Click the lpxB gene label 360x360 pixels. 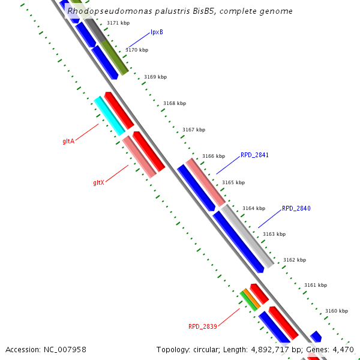[157, 32]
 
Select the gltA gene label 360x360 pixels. [68, 142]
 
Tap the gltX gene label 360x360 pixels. [99, 182]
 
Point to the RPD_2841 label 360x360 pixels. [254, 155]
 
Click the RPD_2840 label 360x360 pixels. [296, 209]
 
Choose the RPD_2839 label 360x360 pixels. [203, 326]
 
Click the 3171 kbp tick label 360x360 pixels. [118, 23]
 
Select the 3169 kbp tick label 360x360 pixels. [155, 77]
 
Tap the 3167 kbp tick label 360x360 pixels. [194, 130]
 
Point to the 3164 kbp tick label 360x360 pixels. [253, 209]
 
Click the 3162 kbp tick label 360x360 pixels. [295, 260]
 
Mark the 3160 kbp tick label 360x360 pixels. [337, 311]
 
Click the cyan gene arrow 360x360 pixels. [109, 116]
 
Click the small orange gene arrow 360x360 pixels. [251, 299]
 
